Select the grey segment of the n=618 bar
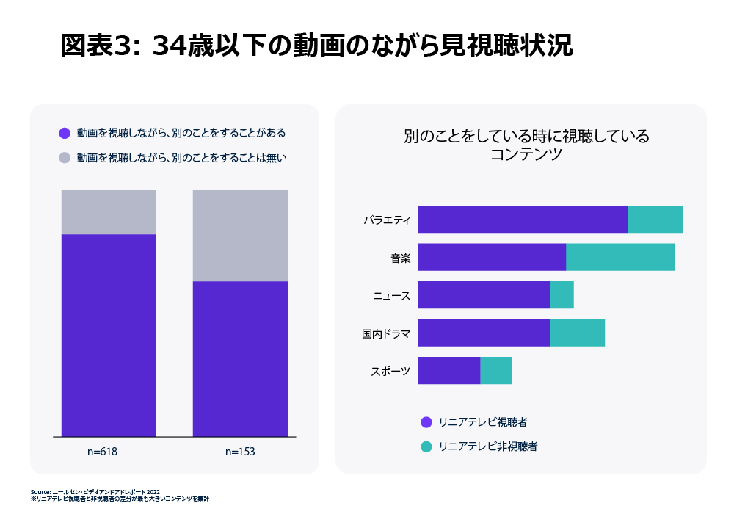(x=109, y=212)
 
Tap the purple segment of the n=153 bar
(x=240, y=359)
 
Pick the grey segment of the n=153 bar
(x=240, y=236)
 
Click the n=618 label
(x=102, y=452)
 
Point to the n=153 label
(x=240, y=452)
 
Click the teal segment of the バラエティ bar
(x=655, y=220)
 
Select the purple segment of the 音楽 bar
(x=492, y=257)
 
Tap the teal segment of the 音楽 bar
(x=620, y=257)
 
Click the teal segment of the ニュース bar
(x=562, y=295)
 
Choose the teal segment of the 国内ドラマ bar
(x=578, y=333)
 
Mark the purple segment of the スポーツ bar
(x=449, y=371)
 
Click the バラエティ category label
(x=387, y=220)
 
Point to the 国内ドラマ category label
(x=385, y=333)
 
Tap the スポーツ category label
(x=390, y=372)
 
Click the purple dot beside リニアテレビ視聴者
(x=426, y=422)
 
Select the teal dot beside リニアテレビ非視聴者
(x=426, y=446)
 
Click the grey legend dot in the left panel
(x=65, y=157)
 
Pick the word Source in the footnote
(x=40, y=492)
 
